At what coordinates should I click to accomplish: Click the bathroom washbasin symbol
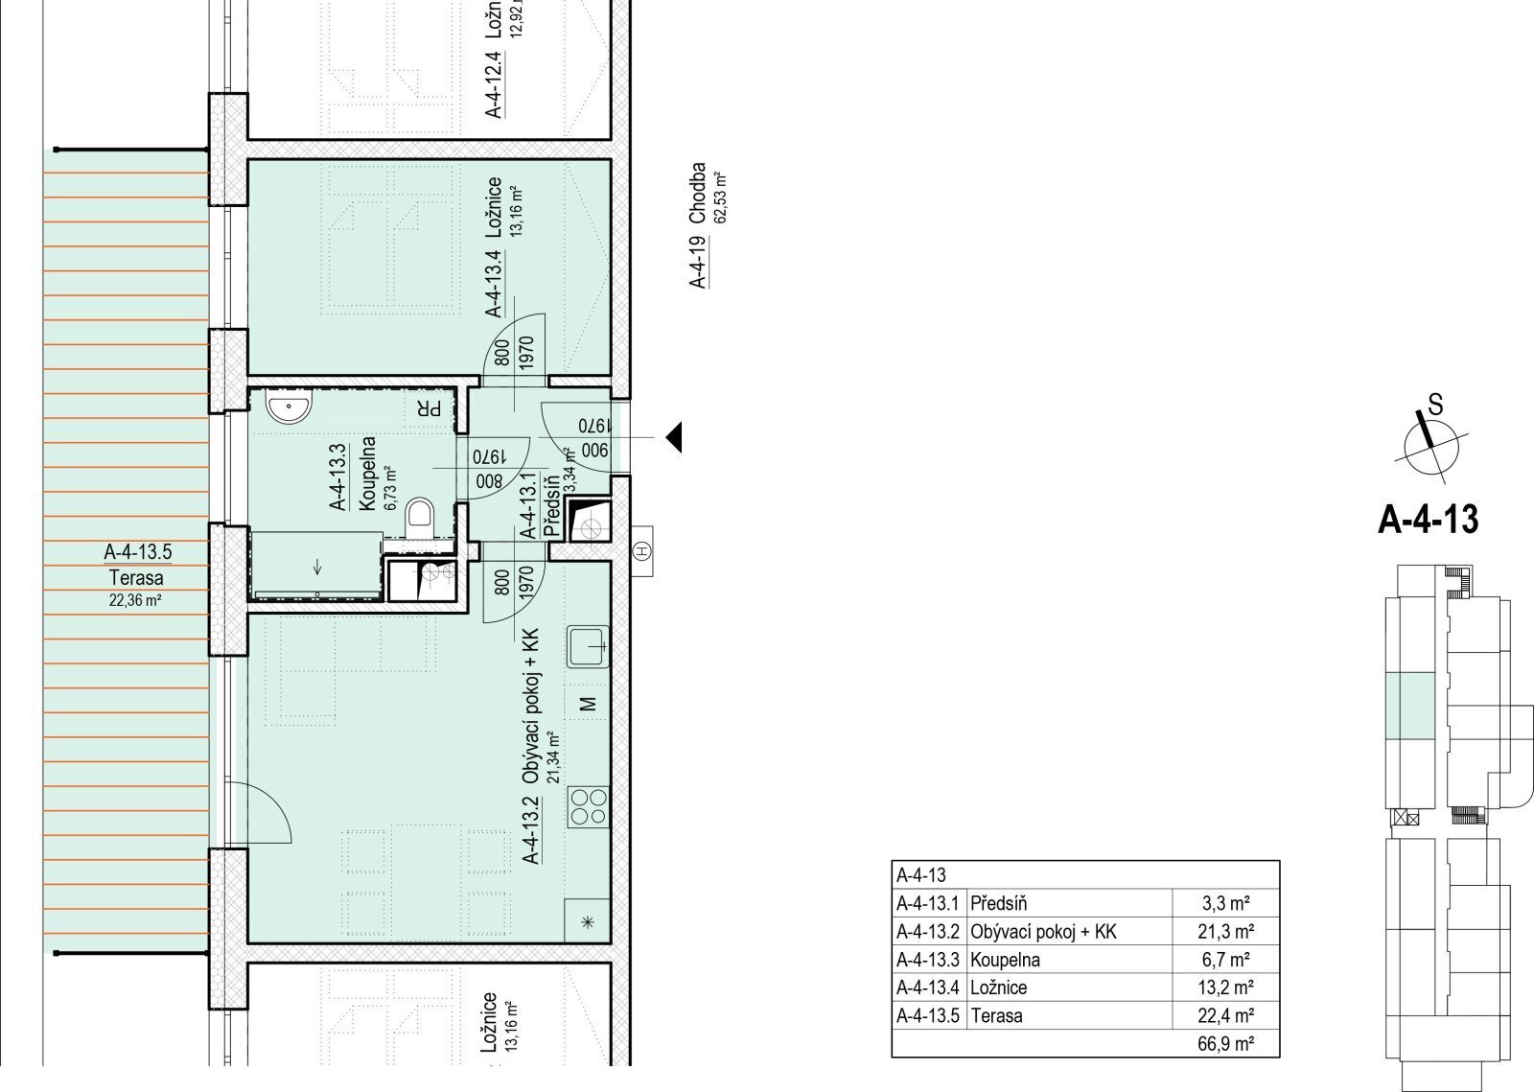289,407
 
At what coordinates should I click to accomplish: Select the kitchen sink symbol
588,647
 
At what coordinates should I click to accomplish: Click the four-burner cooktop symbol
588,807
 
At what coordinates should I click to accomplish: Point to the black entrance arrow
674,437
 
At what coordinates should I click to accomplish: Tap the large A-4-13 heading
1429,520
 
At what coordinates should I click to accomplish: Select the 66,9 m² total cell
1226,1043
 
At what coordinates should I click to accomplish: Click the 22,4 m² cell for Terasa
1226,1015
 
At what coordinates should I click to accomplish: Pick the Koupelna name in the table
1006,960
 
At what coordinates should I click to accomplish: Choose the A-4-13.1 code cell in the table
928,904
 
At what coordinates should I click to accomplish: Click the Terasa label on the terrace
136,578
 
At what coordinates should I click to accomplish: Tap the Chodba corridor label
697,193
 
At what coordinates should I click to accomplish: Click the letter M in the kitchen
588,703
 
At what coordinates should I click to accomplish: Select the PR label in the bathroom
429,408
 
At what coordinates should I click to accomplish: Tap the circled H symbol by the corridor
642,551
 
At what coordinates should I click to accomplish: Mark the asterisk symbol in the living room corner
587,922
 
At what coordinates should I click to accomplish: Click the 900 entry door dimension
594,451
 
